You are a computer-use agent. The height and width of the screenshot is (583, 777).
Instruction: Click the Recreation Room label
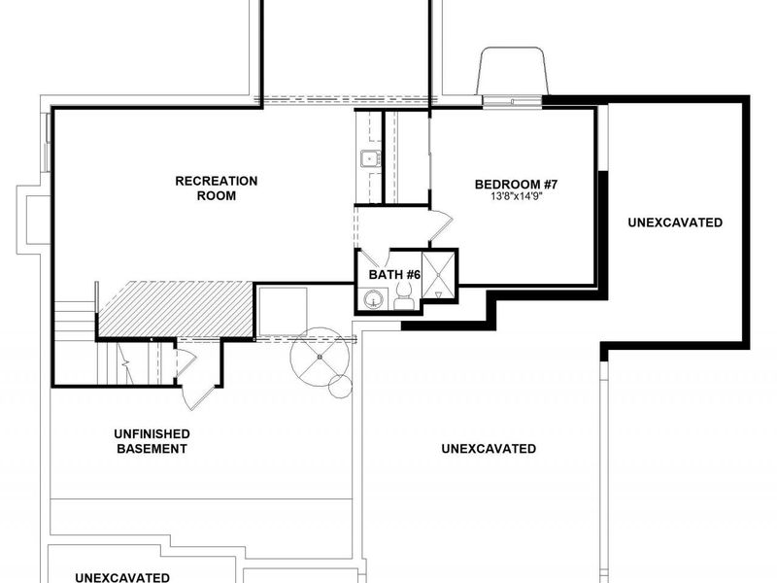(x=217, y=189)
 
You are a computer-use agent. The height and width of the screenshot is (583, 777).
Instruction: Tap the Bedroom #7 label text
(x=516, y=185)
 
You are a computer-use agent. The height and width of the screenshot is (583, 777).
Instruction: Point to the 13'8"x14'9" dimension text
(x=516, y=196)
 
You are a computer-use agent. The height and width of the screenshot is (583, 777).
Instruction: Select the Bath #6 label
(x=394, y=275)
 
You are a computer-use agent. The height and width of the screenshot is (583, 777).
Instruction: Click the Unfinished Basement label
(x=152, y=441)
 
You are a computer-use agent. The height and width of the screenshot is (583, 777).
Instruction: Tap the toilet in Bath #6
(x=404, y=297)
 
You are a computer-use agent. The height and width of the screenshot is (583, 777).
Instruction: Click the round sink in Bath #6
(x=372, y=299)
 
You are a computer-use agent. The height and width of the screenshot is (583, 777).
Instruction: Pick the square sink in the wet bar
(x=370, y=158)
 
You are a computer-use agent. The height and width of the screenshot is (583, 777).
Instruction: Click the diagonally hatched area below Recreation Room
(x=176, y=309)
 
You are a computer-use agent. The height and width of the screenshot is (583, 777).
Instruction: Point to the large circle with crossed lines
(x=320, y=357)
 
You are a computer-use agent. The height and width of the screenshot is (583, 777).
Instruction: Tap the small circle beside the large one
(x=340, y=387)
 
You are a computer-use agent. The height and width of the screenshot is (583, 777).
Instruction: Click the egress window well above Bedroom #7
(x=513, y=71)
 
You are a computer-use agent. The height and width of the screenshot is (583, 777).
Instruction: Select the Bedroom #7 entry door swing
(x=441, y=226)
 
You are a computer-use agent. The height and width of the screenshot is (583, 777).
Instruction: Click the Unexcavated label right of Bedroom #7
(x=675, y=223)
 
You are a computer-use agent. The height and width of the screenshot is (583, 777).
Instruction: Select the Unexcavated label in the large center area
(x=489, y=449)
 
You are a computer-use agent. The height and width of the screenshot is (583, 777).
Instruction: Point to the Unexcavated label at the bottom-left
(x=122, y=577)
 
